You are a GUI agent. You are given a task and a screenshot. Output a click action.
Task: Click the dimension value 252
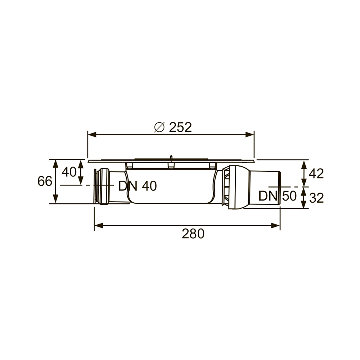[180, 127]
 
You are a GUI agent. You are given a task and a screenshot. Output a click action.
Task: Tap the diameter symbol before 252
[159, 127]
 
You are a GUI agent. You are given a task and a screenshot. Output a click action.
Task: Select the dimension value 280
[193, 234]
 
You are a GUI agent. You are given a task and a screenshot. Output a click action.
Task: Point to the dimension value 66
[45, 181]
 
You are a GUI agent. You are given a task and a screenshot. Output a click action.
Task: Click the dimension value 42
[316, 174]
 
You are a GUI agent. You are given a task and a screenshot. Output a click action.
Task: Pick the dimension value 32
[316, 198]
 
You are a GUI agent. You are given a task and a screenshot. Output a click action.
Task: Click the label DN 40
[138, 186]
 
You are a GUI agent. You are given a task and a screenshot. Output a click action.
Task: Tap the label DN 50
[278, 196]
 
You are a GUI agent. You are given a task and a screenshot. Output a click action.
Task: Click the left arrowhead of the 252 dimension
[92, 135]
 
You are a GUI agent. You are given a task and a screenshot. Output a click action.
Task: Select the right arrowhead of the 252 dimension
[250, 135]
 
